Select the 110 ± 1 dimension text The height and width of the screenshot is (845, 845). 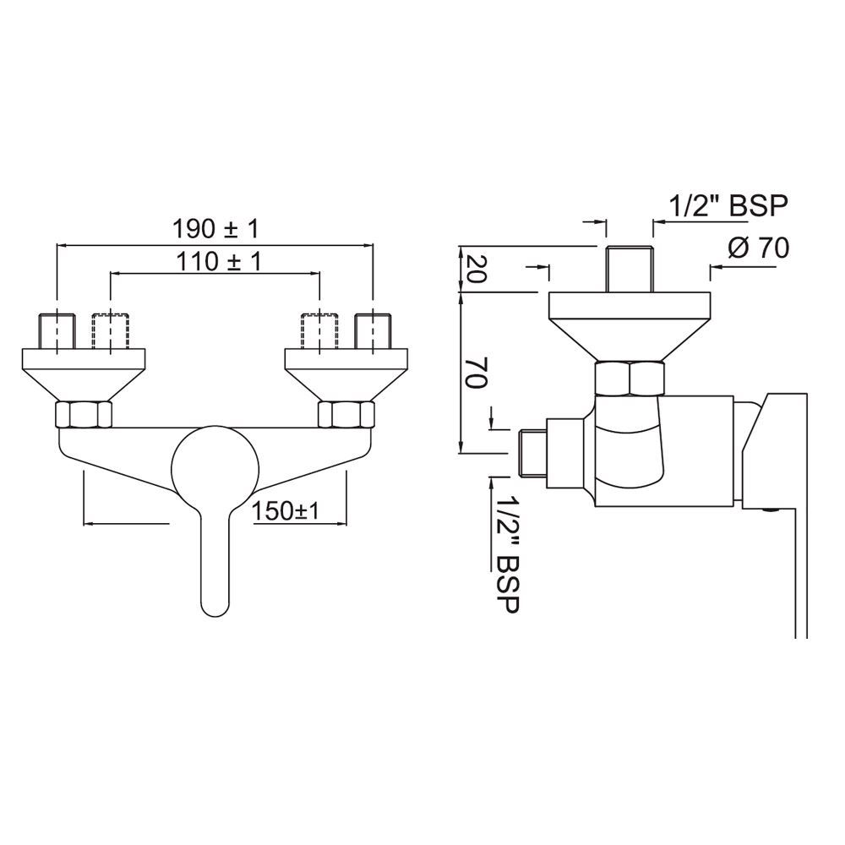coord(218,261)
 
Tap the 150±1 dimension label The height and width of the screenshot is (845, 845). coord(284,510)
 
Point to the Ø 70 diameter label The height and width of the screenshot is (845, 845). coord(757,248)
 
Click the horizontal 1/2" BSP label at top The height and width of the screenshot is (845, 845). coord(728,205)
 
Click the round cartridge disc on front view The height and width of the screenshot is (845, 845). coord(215,465)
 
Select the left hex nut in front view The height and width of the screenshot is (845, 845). coord(83,414)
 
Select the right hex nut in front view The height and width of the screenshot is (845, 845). coord(345,414)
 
